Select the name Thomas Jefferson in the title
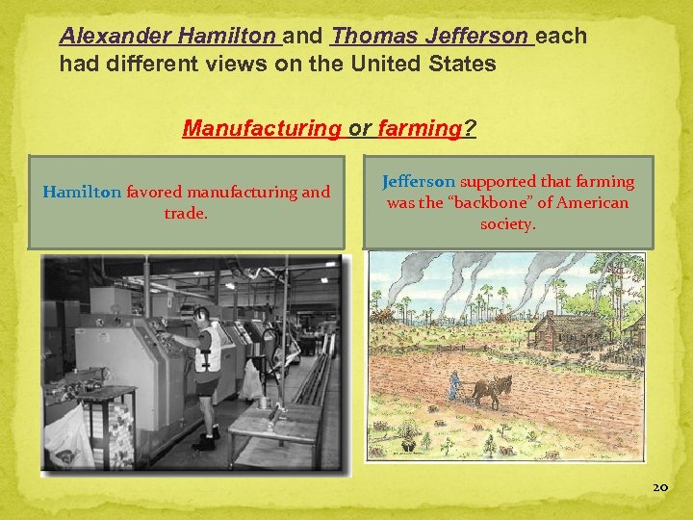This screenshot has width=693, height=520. click(x=429, y=38)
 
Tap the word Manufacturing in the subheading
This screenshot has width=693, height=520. click(x=262, y=128)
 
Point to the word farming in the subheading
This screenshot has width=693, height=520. click(x=421, y=128)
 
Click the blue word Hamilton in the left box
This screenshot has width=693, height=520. click(x=82, y=192)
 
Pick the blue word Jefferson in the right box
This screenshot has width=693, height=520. click(x=419, y=182)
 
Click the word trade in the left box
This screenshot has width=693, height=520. click(x=185, y=213)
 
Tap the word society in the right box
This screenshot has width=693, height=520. click(x=507, y=224)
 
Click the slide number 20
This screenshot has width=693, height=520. click(x=659, y=488)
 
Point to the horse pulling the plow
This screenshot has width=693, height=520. click(x=492, y=391)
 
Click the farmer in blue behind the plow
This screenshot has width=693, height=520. click(x=452, y=384)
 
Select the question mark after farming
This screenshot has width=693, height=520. click(x=469, y=128)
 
